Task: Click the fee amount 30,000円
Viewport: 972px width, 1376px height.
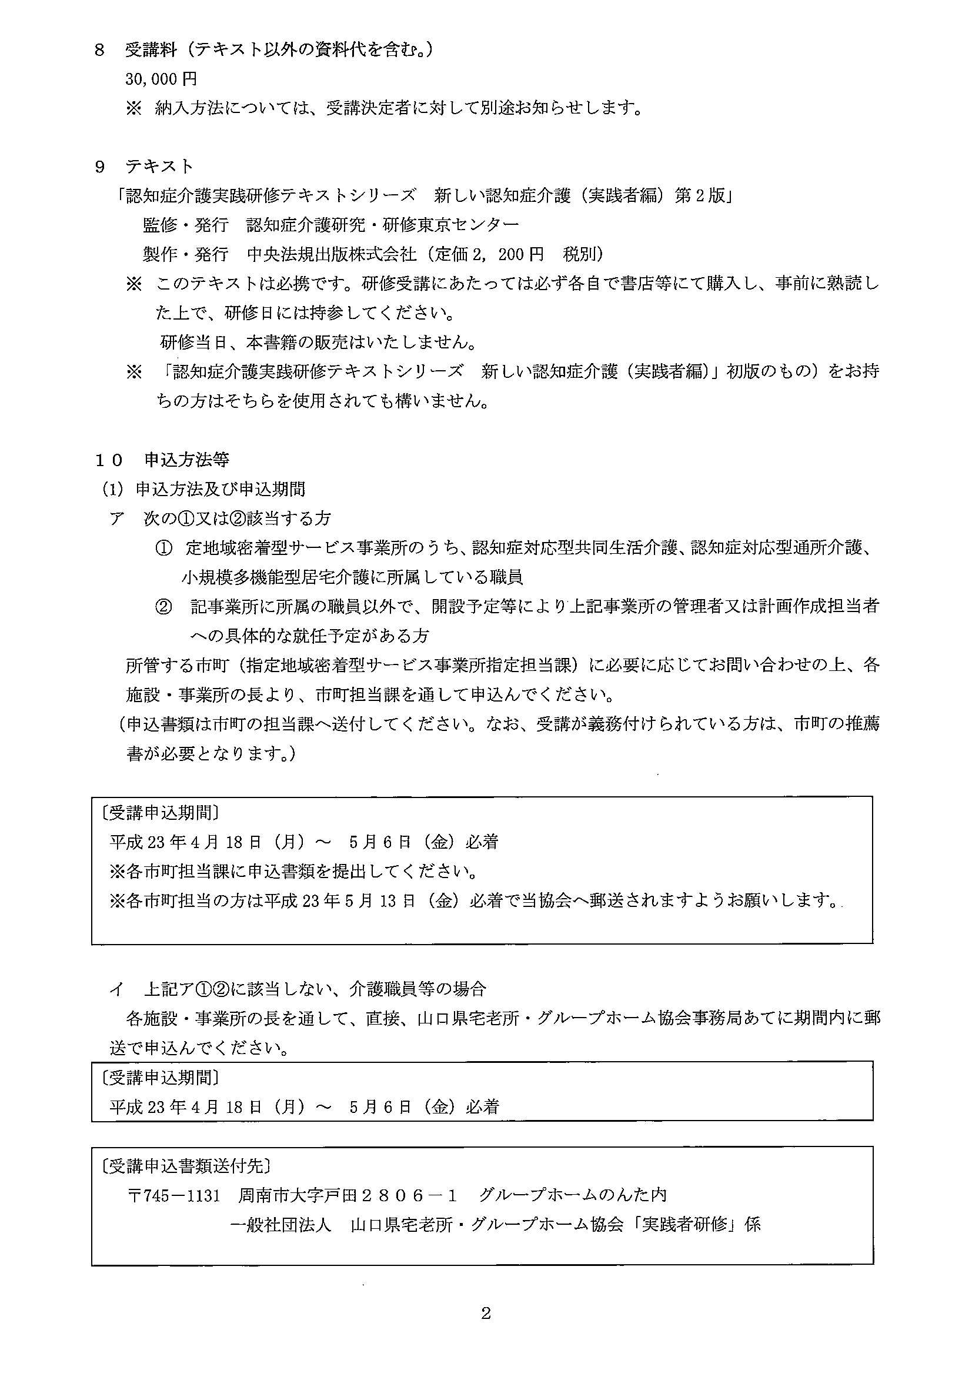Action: tap(161, 79)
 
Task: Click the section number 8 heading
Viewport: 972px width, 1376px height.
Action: tap(100, 50)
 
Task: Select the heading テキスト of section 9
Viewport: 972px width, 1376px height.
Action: tap(159, 166)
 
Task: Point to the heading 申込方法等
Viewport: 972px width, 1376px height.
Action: tap(187, 460)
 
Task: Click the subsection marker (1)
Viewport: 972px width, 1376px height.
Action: tap(112, 490)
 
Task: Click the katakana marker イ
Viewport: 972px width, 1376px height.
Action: tap(116, 988)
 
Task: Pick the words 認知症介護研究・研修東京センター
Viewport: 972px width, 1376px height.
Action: tap(383, 225)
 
